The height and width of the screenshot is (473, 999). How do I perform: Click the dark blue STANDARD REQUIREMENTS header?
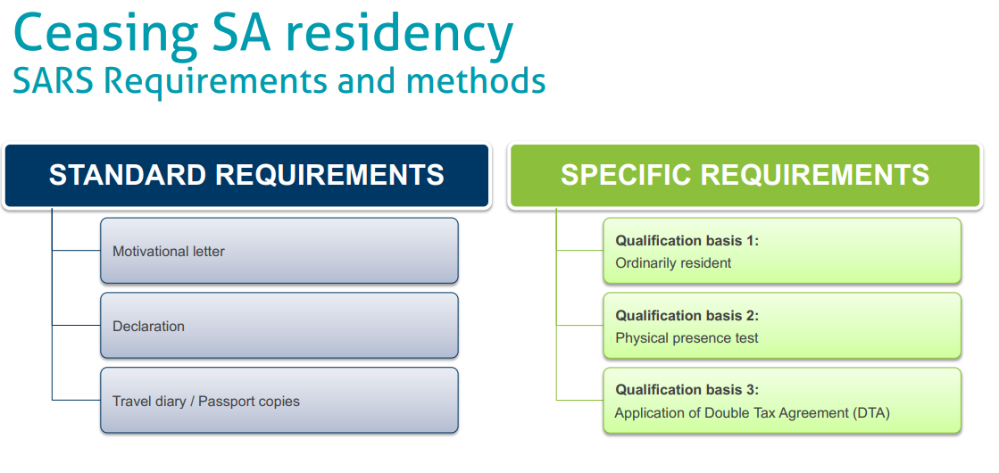[x=246, y=176]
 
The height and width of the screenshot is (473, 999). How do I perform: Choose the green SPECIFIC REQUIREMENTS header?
[x=745, y=176]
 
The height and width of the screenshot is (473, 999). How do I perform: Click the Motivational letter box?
[x=279, y=251]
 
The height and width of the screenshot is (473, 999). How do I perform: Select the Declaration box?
[x=279, y=326]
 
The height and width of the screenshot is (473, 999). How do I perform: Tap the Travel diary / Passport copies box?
[x=279, y=401]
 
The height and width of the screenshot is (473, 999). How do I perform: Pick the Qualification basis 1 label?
[x=687, y=241]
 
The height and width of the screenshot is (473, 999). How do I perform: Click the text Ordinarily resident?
[x=673, y=263]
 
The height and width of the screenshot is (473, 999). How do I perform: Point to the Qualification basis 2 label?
[x=687, y=316]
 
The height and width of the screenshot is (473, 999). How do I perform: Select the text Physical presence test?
[x=687, y=338]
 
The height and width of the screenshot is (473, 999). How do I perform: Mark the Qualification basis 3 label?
[x=687, y=390]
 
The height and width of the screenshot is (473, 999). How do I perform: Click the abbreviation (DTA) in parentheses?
[x=871, y=413]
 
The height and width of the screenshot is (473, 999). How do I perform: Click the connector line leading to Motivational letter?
[x=77, y=251]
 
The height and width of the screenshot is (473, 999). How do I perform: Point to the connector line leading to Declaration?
[x=77, y=326]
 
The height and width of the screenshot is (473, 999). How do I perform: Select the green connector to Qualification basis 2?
[x=579, y=326]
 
